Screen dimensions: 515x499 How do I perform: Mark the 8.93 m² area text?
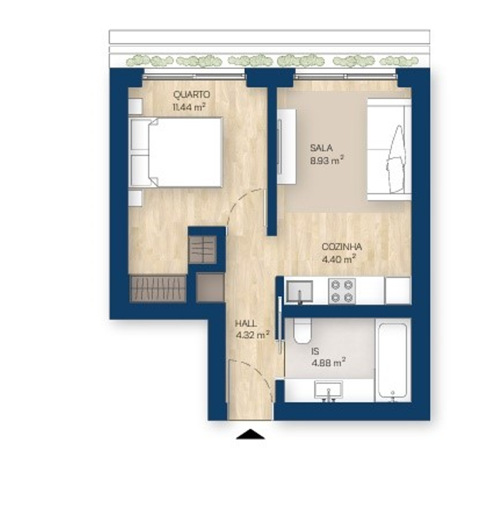pos(325,159)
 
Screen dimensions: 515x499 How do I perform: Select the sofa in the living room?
pos(390,148)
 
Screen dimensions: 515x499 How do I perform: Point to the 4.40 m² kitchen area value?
pos(338,257)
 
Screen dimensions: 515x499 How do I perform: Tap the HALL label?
pos(247,324)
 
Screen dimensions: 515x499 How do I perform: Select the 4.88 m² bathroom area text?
pos(328,363)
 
